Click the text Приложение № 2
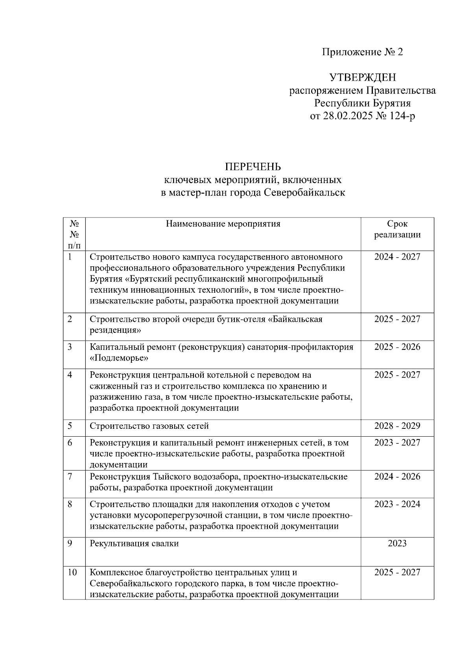[363, 52]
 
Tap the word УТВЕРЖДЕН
[363, 77]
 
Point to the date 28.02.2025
[348, 116]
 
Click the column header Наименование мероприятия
[223, 224]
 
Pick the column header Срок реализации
[397, 229]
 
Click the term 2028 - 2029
[397, 426]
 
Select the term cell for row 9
[397, 543]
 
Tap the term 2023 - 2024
[397, 504]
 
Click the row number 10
[72, 572]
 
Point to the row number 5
[70, 426]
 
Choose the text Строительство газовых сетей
[149, 426]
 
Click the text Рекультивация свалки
[134, 543]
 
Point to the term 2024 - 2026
[397, 476]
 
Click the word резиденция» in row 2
[115, 330]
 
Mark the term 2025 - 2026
[397, 347]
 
